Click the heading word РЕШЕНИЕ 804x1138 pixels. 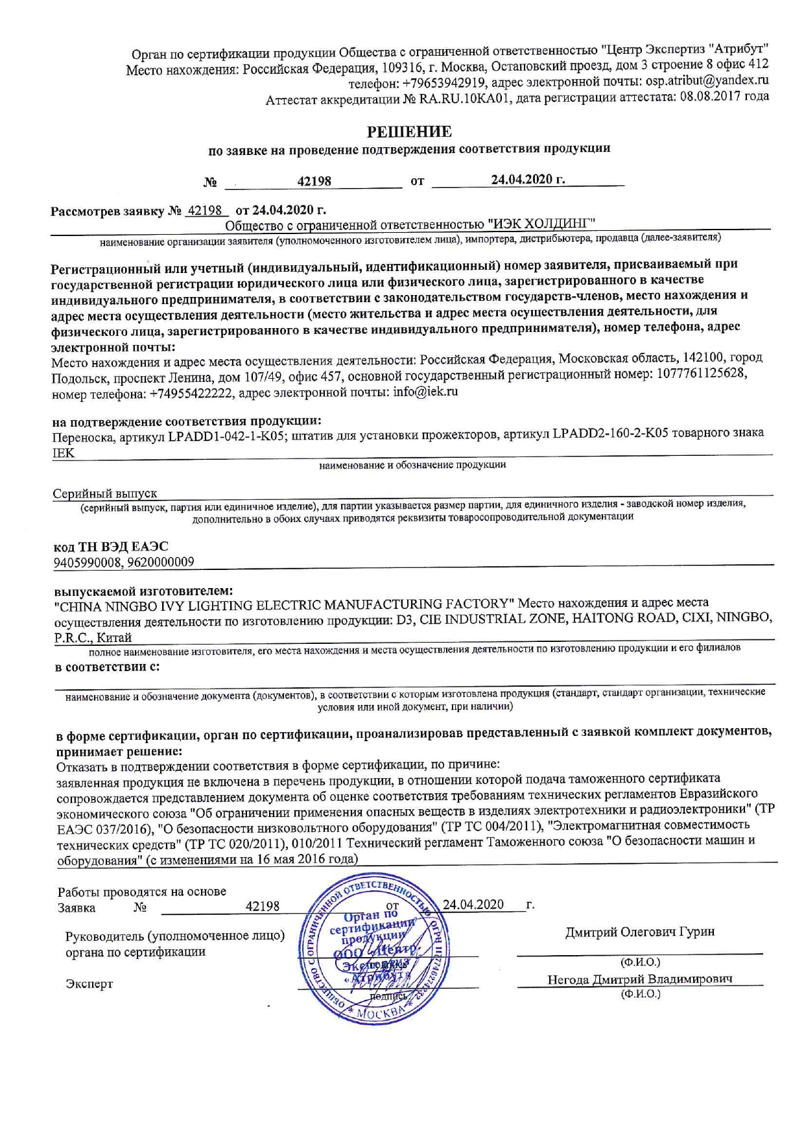pyautogui.click(x=409, y=132)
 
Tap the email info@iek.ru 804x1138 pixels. pyautogui.click(x=425, y=392)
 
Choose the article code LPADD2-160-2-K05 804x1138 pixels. pyautogui.click(x=610, y=433)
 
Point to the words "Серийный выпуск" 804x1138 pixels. pyautogui.click(x=104, y=494)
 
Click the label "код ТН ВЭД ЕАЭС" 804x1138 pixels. pyautogui.click(x=111, y=546)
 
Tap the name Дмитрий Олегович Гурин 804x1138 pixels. pyautogui.click(x=640, y=932)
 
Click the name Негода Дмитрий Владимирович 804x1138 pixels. pyautogui.click(x=640, y=979)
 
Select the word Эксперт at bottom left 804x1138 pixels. pyautogui.click(x=89, y=984)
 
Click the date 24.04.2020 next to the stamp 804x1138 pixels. pyautogui.click(x=473, y=905)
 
